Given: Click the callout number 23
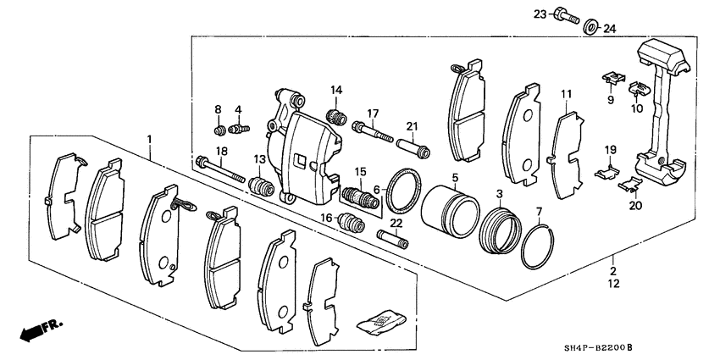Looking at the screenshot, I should tap(539, 14).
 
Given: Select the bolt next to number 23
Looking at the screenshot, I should tap(566, 14).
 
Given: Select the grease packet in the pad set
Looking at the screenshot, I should tap(378, 321).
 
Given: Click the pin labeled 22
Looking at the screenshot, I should tap(396, 235).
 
